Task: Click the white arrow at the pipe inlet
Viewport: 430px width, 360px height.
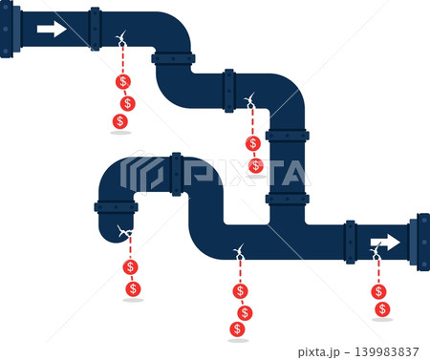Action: (x=52, y=30)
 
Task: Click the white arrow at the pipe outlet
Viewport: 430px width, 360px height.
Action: (x=385, y=243)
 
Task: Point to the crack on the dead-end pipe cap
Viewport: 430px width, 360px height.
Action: (x=125, y=232)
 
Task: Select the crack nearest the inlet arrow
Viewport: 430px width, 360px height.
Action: (x=120, y=38)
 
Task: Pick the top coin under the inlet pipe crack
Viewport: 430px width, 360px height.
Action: (x=123, y=82)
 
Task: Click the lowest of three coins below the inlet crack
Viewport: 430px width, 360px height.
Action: (x=120, y=121)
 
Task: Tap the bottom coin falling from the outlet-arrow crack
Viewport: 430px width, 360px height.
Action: (x=382, y=309)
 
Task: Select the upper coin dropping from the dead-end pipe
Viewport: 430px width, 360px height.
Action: (x=130, y=266)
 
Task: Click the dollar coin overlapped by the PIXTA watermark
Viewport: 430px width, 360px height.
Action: (x=255, y=166)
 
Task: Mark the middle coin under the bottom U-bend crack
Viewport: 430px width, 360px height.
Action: (x=245, y=313)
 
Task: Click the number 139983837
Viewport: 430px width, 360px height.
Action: (x=387, y=351)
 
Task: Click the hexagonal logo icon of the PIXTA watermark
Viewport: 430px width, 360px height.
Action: (x=141, y=172)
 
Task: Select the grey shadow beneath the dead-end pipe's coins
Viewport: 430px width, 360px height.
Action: (x=133, y=300)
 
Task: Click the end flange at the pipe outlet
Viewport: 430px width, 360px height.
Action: (x=419, y=242)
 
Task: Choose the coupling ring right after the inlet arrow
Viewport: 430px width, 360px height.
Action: (x=96, y=30)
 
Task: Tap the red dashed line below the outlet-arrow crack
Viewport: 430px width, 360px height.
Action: (x=378, y=271)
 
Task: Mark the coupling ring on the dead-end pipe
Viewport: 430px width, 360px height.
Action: (x=116, y=207)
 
